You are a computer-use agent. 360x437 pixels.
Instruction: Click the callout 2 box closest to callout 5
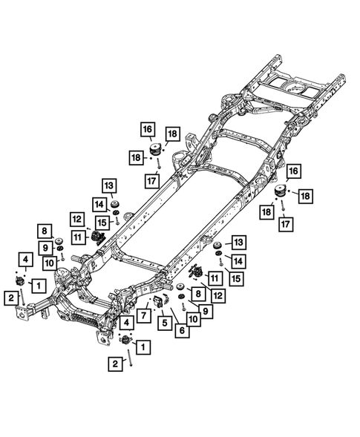click(115, 364)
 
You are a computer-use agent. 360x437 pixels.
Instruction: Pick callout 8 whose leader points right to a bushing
click(44, 231)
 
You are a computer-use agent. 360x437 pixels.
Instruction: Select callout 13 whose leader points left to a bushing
click(238, 243)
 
